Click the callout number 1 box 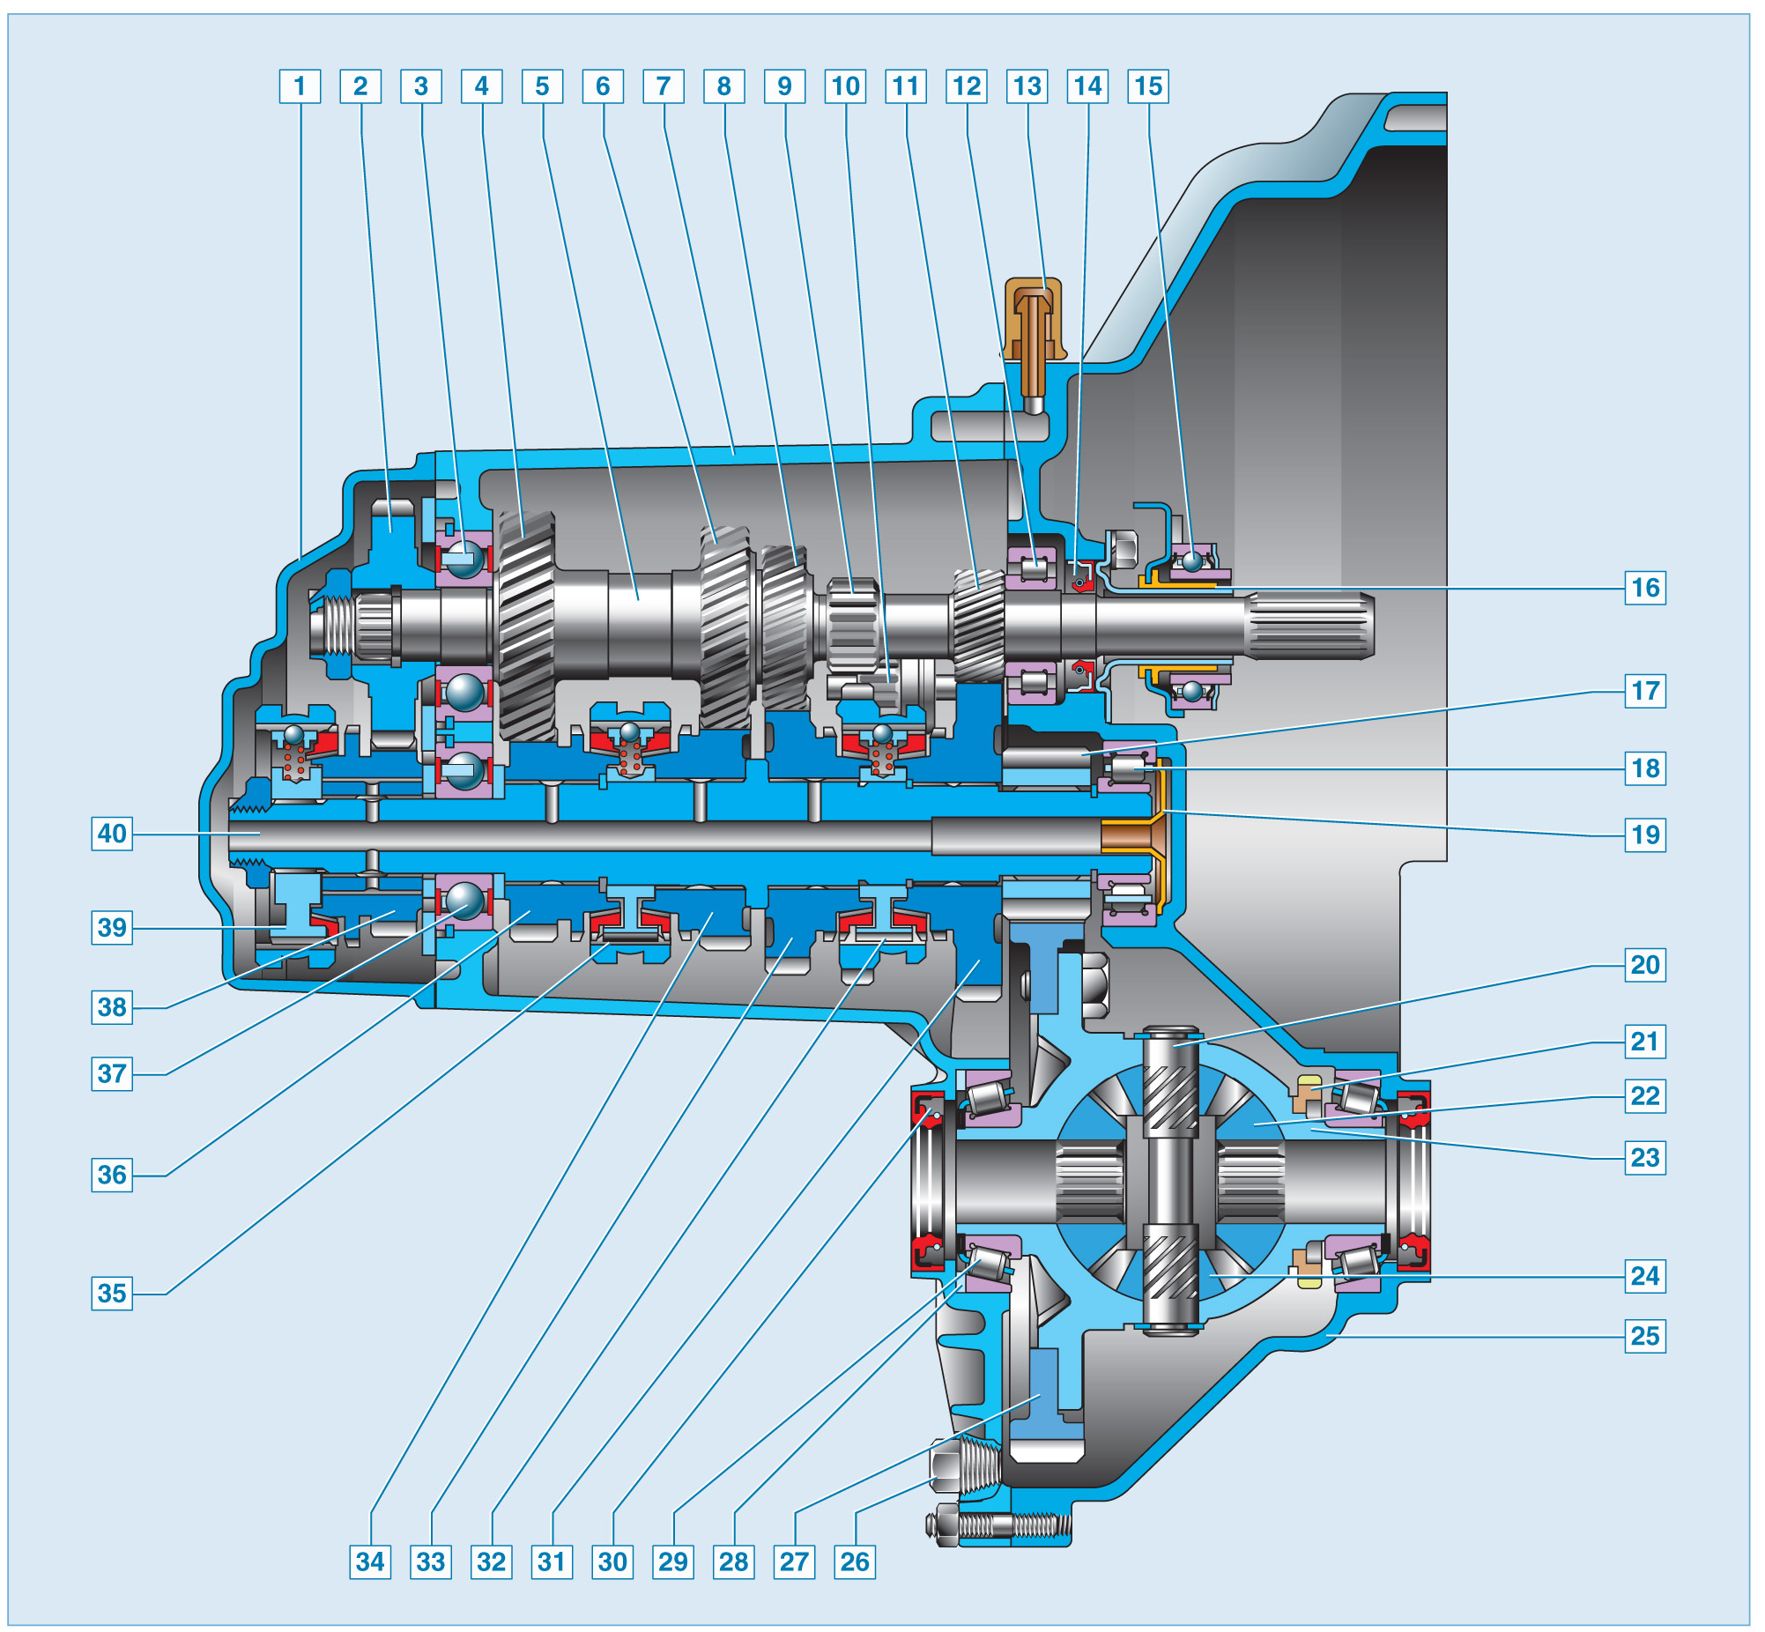click(x=300, y=86)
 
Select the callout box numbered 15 click(x=1148, y=86)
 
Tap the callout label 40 click(x=112, y=834)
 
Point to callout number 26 click(x=854, y=1562)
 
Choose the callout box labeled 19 click(x=1645, y=835)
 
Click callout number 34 click(x=370, y=1562)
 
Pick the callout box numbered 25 click(x=1645, y=1335)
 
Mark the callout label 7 click(x=664, y=86)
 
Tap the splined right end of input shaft click(x=1311, y=626)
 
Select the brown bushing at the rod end click(x=1126, y=836)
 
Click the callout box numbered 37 click(x=112, y=1074)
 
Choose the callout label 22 click(x=1645, y=1096)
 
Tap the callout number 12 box click(x=967, y=86)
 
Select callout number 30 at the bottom click(x=612, y=1562)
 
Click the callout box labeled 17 click(x=1645, y=691)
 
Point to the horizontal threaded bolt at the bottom click(x=1002, y=1525)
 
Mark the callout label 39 click(x=112, y=928)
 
